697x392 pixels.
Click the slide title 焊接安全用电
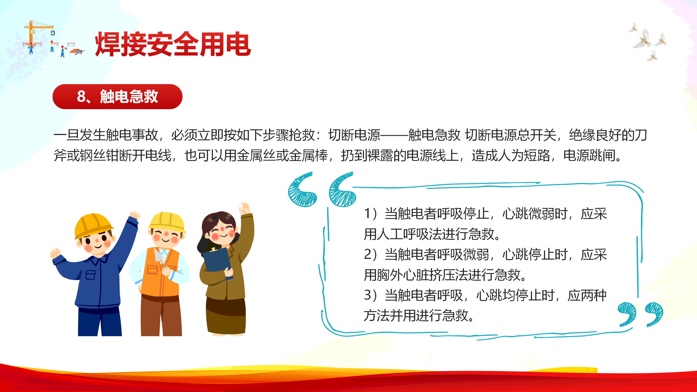click(x=173, y=44)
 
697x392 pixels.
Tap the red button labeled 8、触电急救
click(x=117, y=97)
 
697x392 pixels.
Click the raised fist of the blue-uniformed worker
click(x=134, y=215)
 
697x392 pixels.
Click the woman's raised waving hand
click(x=244, y=208)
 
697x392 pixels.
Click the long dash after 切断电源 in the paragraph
click(x=394, y=135)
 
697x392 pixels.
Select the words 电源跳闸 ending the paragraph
click(x=589, y=156)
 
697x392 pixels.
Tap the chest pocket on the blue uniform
click(x=91, y=275)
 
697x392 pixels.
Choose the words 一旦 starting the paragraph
click(x=66, y=135)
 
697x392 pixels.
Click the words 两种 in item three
click(x=594, y=295)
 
